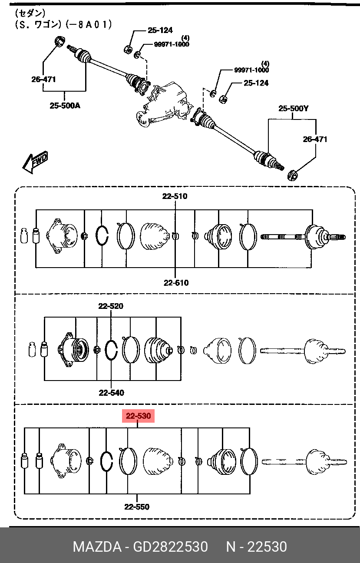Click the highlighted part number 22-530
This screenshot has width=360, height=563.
138,416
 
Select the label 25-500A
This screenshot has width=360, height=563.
65,106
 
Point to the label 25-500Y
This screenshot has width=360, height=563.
294,109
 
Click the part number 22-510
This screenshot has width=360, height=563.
175,196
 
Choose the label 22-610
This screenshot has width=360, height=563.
176,283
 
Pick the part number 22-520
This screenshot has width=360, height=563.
111,306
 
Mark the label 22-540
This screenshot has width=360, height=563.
111,393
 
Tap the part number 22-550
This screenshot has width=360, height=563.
137,507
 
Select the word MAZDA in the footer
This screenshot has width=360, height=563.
97,547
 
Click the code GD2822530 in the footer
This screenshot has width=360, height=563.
170,547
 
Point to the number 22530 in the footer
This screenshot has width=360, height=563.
268,547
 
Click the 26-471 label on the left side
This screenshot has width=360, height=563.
43,79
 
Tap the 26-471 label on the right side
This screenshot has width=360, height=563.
315,139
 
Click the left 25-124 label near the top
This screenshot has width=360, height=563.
160,30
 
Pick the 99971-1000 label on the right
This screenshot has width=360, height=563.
251,70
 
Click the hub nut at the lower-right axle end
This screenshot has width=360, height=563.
292,175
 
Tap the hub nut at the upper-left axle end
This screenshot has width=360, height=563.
60,41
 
